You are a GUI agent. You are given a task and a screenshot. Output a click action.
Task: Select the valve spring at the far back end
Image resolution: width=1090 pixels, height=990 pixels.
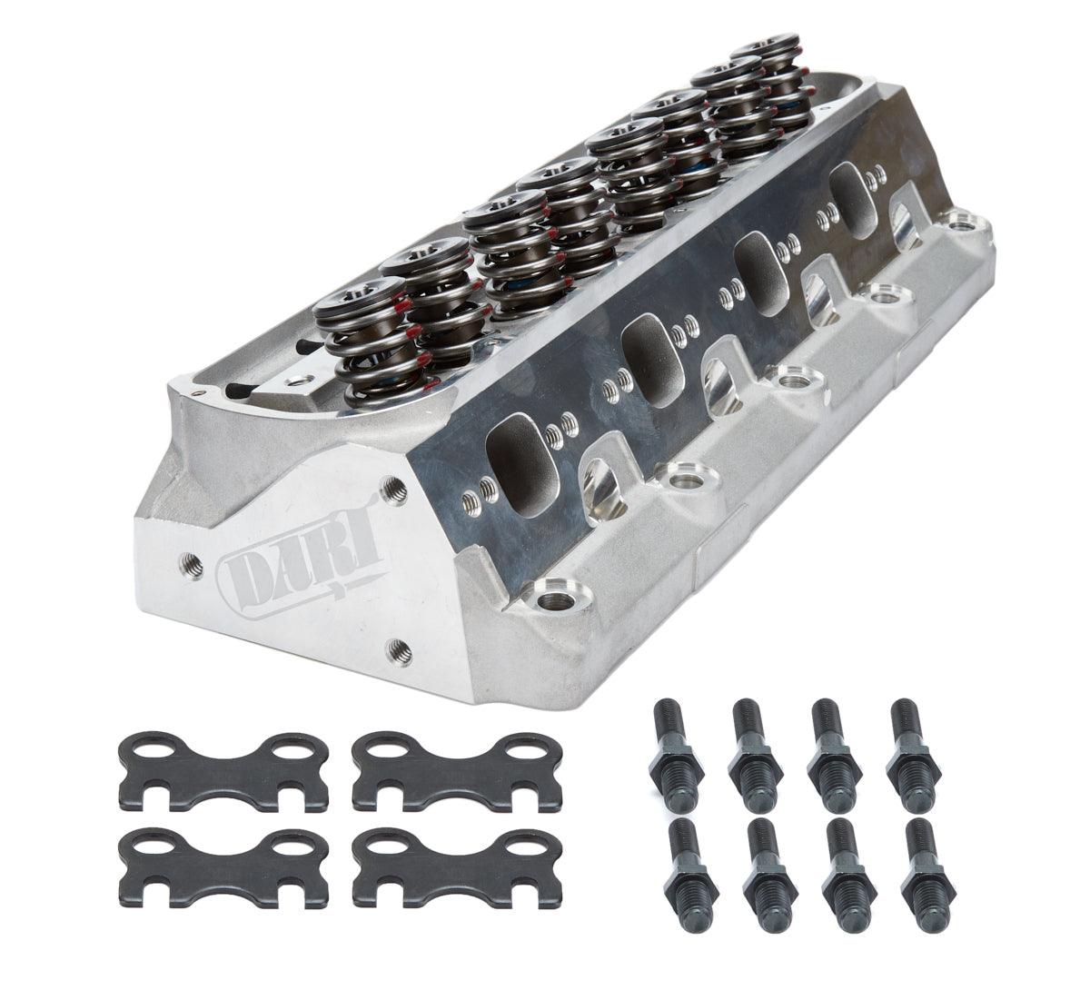[x=777, y=77]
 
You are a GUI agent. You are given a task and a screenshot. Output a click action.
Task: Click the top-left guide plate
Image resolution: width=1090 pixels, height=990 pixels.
[x=223, y=770]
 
